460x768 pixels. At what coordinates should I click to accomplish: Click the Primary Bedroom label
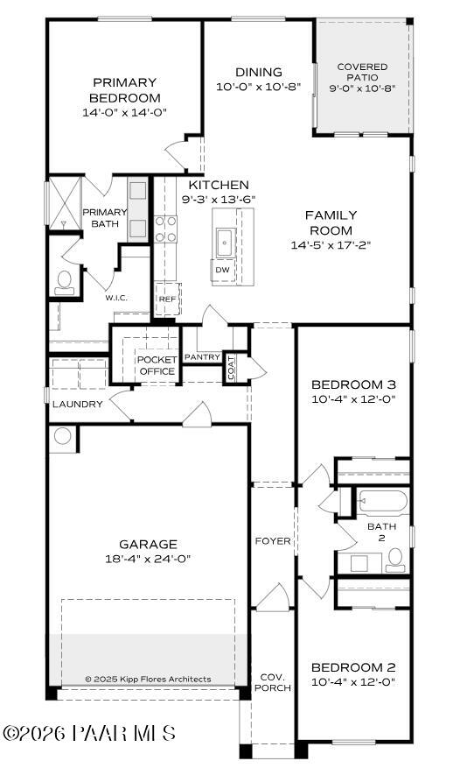tap(124, 90)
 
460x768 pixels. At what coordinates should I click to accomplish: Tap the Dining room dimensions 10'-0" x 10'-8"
tap(259, 87)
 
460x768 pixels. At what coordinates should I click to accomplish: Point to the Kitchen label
tap(218, 186)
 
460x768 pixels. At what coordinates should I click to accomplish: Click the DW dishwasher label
tap(222, 270)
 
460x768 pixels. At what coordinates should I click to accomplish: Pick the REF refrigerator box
tap(166, 299)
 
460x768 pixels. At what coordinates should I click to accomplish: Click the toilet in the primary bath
tap(64, 281)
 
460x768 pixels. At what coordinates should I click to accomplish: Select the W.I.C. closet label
tap(116, 298)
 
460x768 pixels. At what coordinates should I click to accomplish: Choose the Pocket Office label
tap(157, 365)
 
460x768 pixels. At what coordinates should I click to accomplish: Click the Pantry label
tap(201, 357)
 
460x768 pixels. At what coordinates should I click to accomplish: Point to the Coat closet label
tap(231, 367)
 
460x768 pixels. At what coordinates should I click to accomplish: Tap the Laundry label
tap(78, 405)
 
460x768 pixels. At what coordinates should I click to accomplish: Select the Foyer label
tap(272, 541)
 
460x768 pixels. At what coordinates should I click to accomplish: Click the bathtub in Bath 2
tap(383, 503)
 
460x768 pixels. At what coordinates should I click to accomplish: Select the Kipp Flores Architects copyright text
tap(148, 679)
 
